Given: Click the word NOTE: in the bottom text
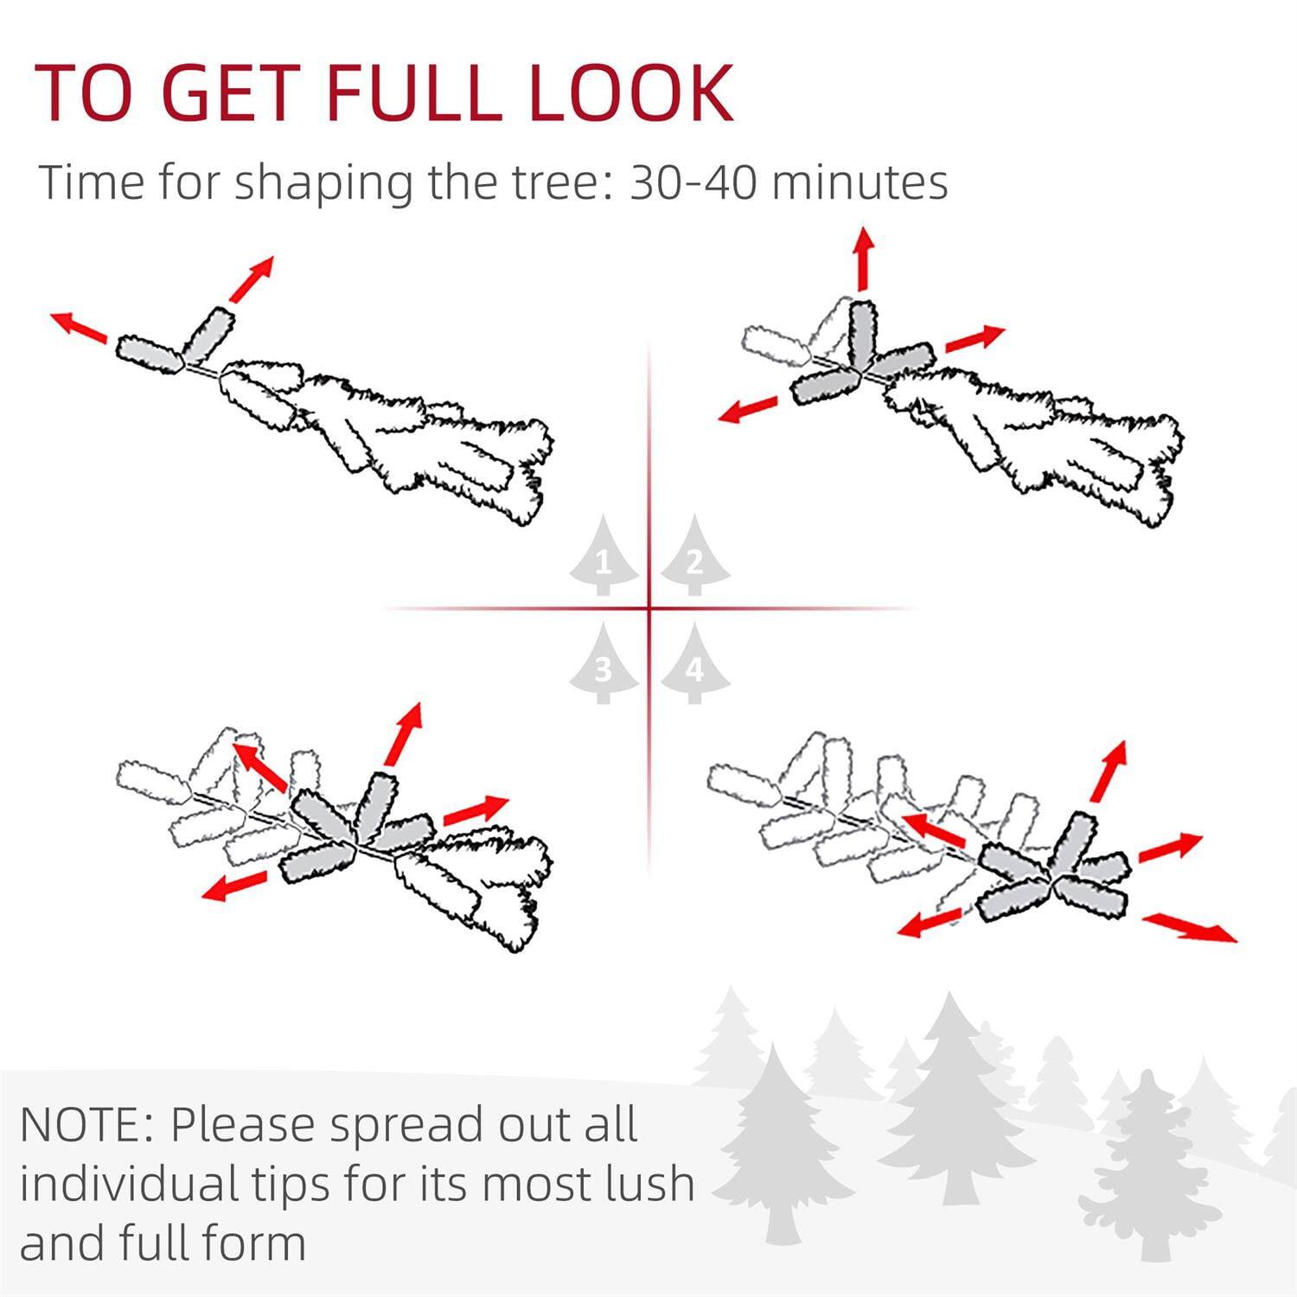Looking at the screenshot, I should pyautogui.click(x=86, y=1124).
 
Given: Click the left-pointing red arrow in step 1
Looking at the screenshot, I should pyautogui.click(x=80, y=328).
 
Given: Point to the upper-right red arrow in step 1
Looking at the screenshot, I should pyautogui.click(x=252, y=278).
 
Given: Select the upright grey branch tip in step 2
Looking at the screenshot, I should pyautogui.click(x=862, y=332).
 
